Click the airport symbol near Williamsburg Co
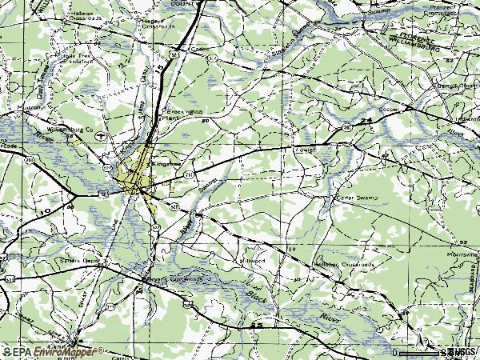point(99,137)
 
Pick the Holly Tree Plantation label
point(76,57)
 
